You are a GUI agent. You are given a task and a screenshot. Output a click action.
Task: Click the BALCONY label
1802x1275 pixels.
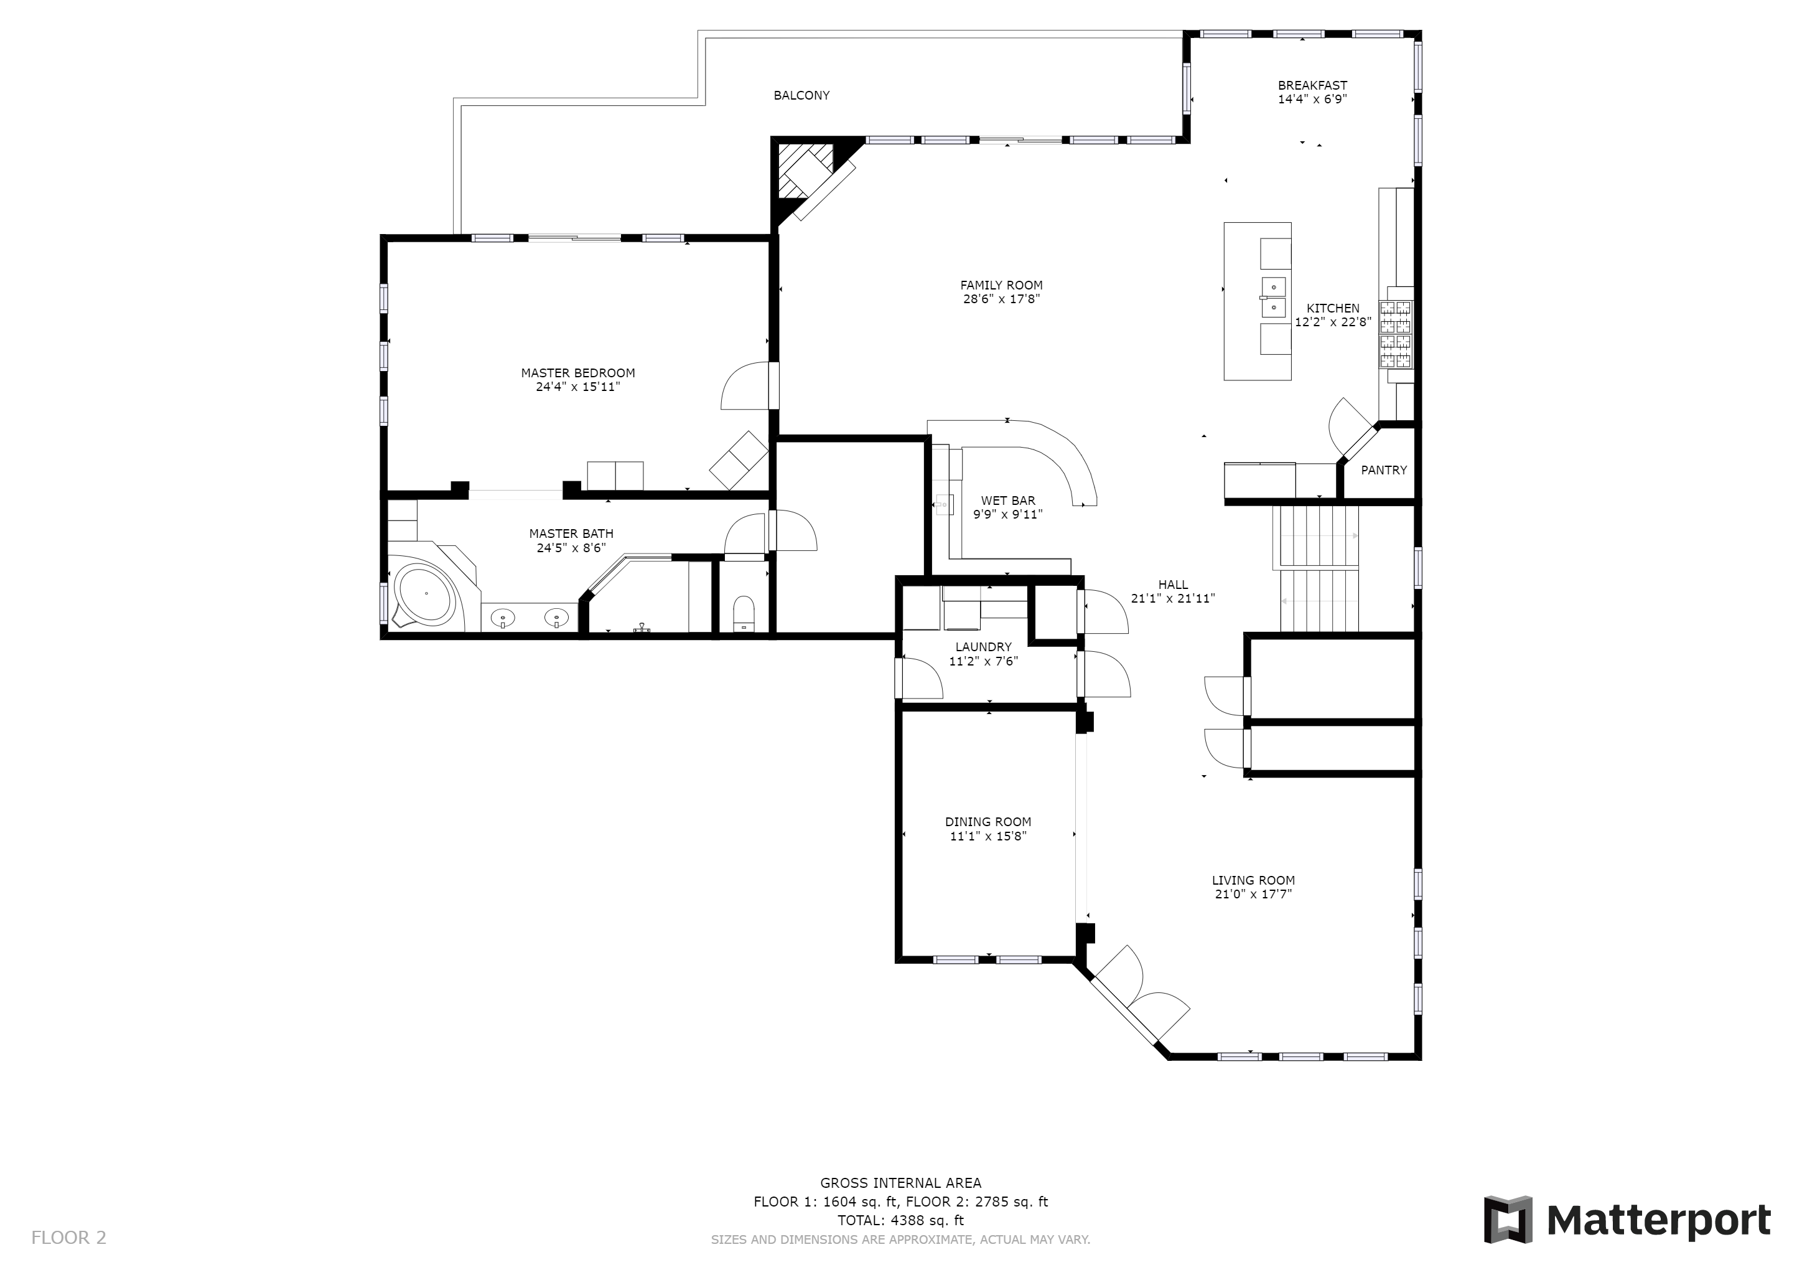coord(801,95)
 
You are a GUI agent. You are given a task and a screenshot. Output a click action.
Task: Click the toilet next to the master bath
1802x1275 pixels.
coord(742,614)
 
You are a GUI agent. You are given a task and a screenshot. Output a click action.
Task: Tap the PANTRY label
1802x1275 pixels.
coord(1384,470)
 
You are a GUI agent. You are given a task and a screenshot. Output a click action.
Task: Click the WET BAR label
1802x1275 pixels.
coord(1008,501)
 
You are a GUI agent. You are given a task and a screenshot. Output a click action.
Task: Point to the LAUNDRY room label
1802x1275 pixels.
coord(983,647)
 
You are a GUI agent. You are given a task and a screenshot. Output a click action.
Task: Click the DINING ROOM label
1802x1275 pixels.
coord(988,822)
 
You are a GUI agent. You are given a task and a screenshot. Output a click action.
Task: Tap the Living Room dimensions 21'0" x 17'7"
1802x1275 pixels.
coord(1253,894)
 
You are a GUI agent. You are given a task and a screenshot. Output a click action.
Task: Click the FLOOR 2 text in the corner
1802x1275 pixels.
coord(68,1238)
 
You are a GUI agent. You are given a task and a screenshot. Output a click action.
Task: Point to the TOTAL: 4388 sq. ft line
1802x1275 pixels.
coord(900,1221)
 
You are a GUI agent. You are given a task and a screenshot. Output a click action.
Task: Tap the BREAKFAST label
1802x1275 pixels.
coord(1312,85)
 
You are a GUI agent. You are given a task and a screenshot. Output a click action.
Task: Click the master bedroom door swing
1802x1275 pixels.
coord(745,385)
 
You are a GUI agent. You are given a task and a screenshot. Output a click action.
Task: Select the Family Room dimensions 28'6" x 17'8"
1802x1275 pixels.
coord(1001,299)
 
